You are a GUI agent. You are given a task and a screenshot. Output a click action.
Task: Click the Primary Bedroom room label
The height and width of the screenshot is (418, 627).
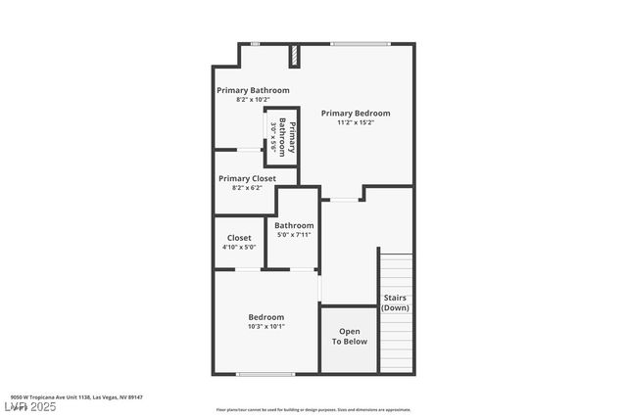[356, 113]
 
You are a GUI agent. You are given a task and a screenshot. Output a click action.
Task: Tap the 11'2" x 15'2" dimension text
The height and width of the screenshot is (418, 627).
[356, 122]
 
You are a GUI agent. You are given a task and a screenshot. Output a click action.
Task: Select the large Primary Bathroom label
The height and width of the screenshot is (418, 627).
[253, 90]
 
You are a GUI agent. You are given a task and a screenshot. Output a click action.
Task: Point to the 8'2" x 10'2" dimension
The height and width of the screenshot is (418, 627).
[253, 100]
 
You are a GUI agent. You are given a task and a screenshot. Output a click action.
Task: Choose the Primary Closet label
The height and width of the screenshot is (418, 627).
[247, 178]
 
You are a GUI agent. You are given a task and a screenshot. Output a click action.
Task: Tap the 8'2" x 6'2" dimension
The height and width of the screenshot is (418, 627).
[247, 188]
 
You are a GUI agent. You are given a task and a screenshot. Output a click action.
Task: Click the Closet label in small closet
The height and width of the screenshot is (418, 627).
[239, 238]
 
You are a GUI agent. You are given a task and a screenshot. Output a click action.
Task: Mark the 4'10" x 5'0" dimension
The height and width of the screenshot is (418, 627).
[239, 248]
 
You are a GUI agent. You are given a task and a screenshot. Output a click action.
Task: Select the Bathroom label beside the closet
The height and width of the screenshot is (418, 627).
[294, 225]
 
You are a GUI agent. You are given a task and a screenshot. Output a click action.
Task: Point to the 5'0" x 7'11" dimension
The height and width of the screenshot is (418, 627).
[294, 235]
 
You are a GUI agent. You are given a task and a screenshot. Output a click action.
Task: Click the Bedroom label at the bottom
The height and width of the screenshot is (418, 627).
[265, 317]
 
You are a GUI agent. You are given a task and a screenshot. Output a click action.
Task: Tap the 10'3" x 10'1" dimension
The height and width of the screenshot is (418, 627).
[265, 327]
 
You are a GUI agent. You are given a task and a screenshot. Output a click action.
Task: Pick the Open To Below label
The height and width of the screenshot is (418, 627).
[349, 336]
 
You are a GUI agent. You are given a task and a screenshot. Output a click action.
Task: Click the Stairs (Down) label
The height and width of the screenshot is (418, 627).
[395, 302]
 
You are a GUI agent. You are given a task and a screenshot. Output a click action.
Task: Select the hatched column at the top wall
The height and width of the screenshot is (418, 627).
[294, 56]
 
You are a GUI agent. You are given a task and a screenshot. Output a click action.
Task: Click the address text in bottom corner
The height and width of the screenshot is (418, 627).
[77, 397]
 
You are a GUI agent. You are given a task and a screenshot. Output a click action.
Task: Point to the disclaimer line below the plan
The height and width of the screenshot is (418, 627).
[313, 410]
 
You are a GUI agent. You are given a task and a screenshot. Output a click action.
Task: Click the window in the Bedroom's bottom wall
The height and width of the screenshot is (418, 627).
[265, 374]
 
